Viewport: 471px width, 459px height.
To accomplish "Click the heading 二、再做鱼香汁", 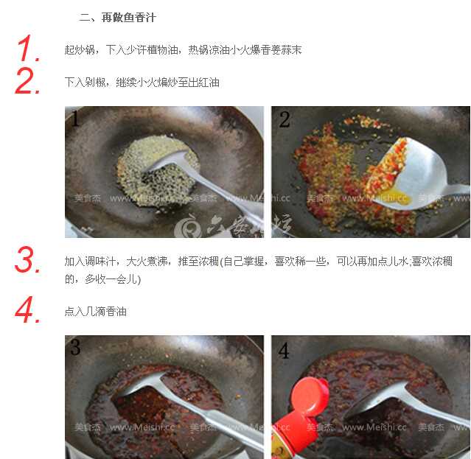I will [117, 17].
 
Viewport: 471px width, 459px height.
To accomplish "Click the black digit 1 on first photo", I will [74, 119].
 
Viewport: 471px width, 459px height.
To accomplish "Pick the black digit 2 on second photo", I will [284, 120].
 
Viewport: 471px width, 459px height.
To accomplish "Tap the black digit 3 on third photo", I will [75, 348].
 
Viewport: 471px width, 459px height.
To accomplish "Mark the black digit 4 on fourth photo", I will [284, 350].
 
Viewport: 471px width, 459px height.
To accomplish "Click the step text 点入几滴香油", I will [96, 312].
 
